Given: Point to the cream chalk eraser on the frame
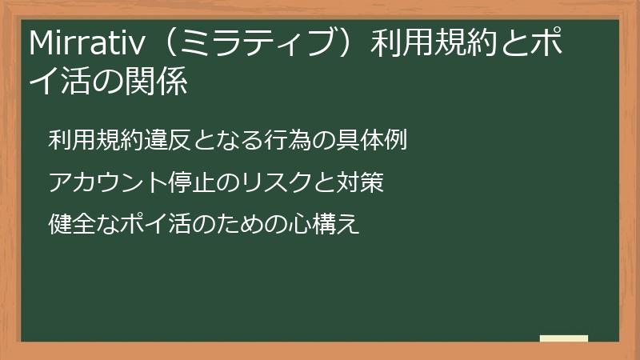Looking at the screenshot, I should point(563,338).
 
